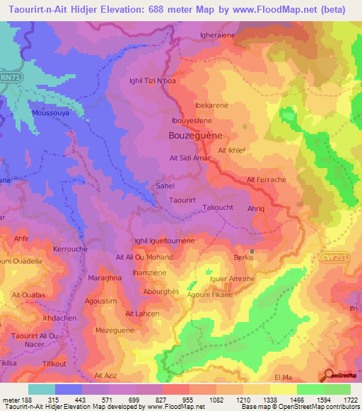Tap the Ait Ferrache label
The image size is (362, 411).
[x=267, y=180]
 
